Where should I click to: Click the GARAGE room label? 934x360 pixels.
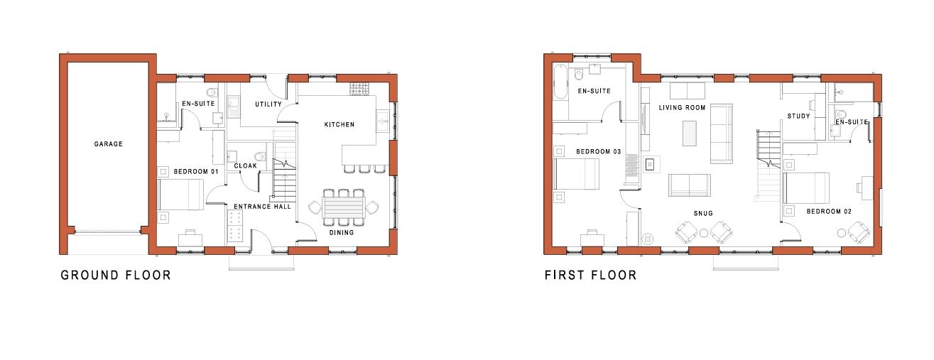pyautogui.click(x=108, y=144)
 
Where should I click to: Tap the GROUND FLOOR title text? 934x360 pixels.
pyautogui.click(x=116, y=275)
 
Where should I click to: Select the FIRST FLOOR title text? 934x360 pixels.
pyautogui.click(x=590, y=275)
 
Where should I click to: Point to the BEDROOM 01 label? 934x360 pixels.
pyautogui.click(x=195, y=172)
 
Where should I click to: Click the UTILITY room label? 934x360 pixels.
pyautogui.click(x=268, y=104)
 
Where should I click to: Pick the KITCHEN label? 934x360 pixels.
pyautogui.click(x=339, y=125)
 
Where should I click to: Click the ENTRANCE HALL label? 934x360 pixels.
pyautogui.click(x=262, y=207)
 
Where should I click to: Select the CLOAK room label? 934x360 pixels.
pyautogui.click(x=245, y=166)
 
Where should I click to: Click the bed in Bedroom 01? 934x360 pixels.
pyautogui.click(x=180, y=195)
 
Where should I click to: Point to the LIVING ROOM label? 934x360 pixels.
pyautogui.click(x=682, y=108)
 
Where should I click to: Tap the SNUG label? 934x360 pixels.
pyautogui.click(x=703, y=213)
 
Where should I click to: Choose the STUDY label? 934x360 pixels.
pyautogui.click(x=798, y=116)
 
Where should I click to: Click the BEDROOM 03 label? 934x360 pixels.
pyautogui.click(x=598, y=152)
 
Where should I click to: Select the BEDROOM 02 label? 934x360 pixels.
pyautogui.click(x=828, y=212)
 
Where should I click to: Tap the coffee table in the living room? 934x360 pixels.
pyautogui.click(x=689, y=133)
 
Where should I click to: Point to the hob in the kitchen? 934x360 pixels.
pyautogui.click(x=359, y=89)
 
